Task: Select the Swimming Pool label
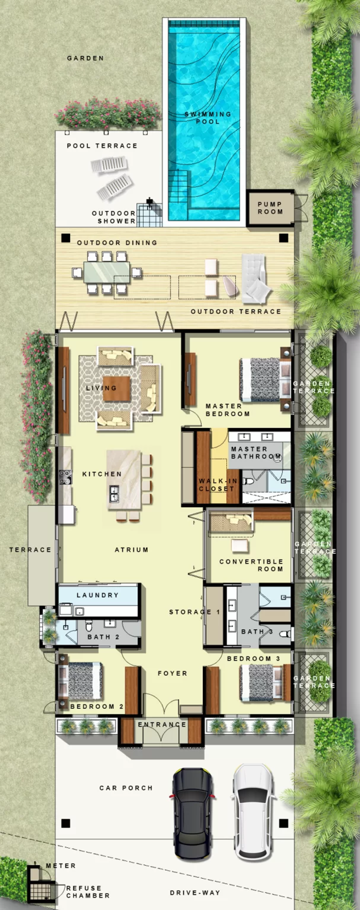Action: click(x=208, y=118)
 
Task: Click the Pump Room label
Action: click(x=270, y=208)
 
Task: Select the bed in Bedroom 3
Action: click(x=259, y=682)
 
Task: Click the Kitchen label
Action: click(x=102, y=474)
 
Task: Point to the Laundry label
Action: click(x=97, y=595)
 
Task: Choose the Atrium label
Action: click(x=132, y=550)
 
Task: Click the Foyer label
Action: click(x=172, y=673)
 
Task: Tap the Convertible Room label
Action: click(x=251, y=565)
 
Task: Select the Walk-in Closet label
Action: click(x=217, y=485)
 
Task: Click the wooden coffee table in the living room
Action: click(x=116, y=388)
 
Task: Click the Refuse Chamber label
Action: click(x=88, y=892)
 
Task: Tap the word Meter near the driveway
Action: click(x=61, y=866)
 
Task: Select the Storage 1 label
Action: click(x=194, y=612)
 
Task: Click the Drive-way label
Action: click(x=195, y=893)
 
